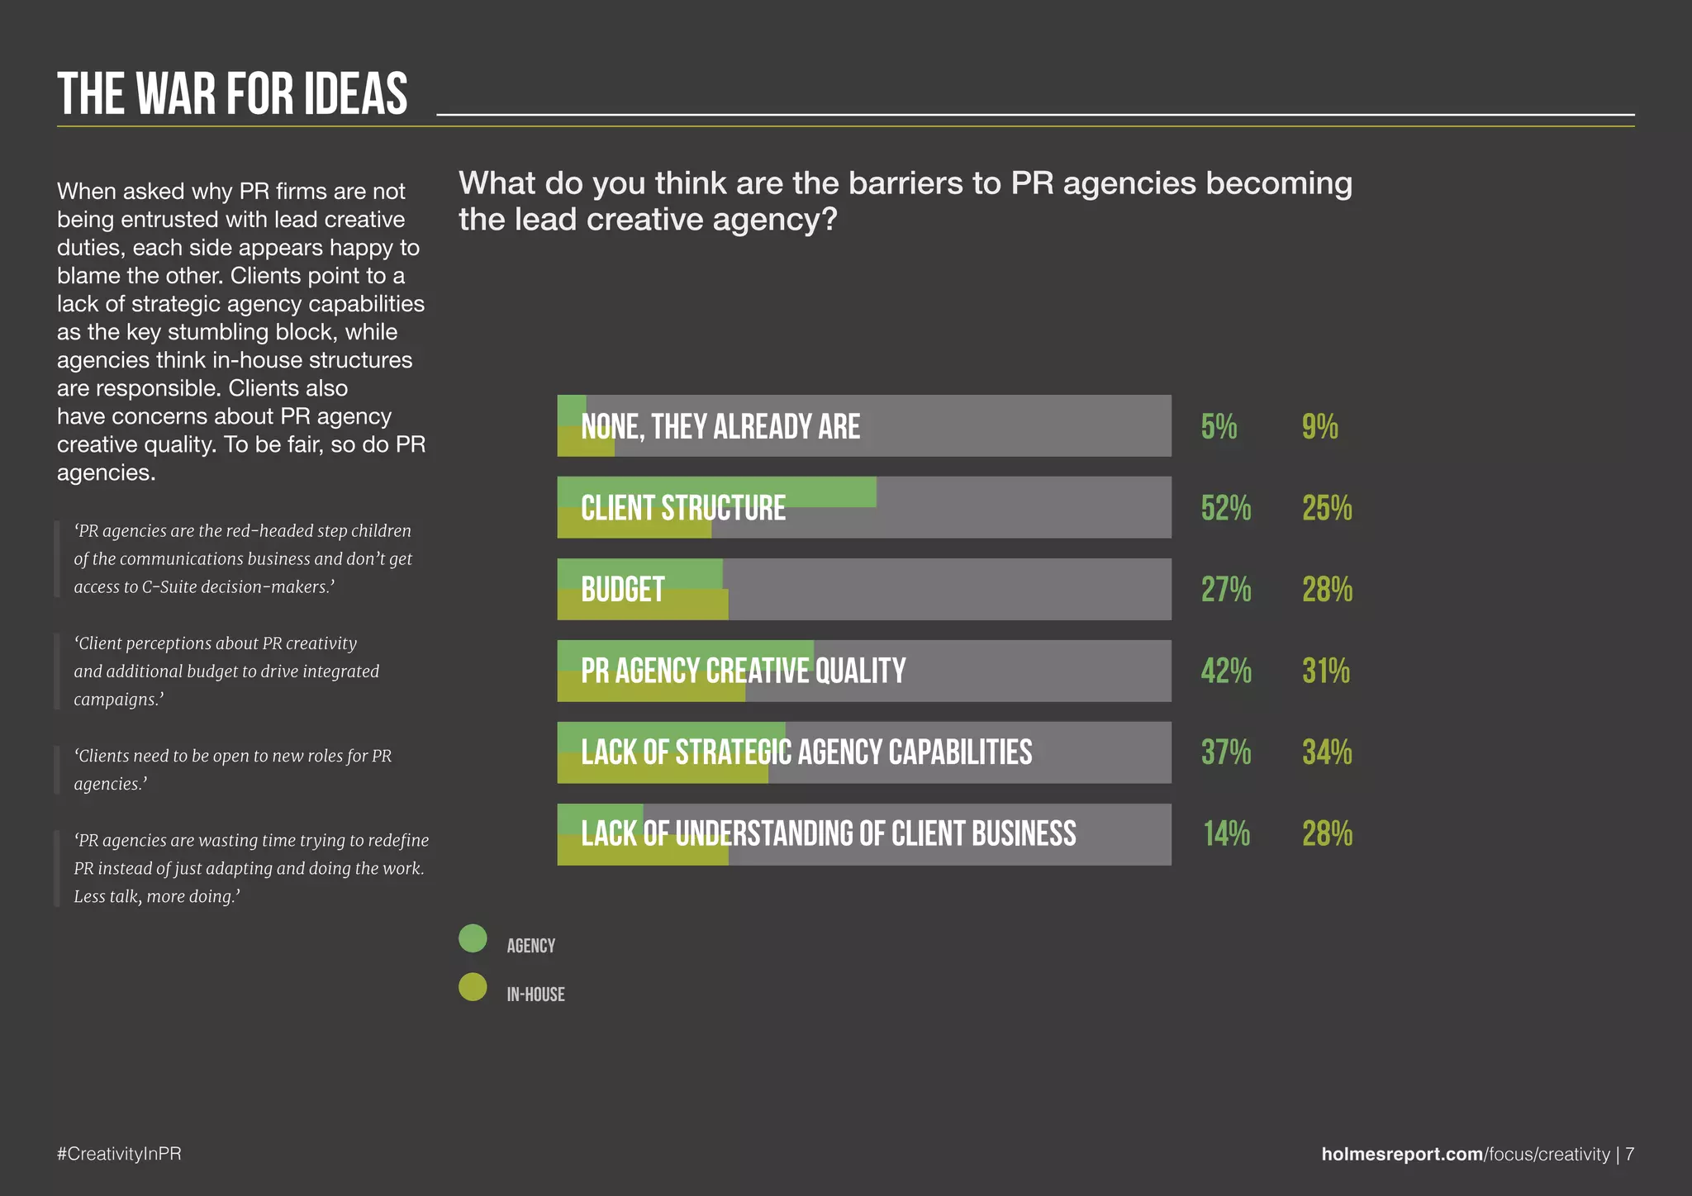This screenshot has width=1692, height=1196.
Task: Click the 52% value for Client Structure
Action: [x=1225, y=508]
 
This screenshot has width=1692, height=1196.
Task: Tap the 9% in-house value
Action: [x=1319, y=427]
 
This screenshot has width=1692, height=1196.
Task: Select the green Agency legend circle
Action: [x=473, y=938]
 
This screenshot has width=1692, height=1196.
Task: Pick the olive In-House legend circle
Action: [x=473, y=987]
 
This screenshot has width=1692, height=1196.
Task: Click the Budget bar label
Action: [x=622, y=590]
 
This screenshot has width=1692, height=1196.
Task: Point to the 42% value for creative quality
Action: [x=1225, y=671]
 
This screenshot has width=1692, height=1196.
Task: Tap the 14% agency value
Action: [x=1226, y=834]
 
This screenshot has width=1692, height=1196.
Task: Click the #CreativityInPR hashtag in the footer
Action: [x=119, y=1154]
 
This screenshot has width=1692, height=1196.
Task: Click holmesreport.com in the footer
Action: [x=1401, y=1154]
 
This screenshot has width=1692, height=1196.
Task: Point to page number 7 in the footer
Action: [x=1629, y=1154]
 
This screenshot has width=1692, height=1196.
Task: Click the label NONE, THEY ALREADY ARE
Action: [x=720, y=427]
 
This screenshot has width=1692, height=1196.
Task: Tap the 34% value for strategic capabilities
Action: [x=1327, y=752]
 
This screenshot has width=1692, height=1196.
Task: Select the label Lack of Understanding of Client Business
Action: [x=828, y=834]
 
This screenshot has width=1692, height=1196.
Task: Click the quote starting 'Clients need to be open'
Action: [x=232, y=770]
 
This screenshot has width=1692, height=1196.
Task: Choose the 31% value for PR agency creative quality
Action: [x=1325, y=671]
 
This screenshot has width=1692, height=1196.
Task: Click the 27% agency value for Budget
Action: [x=1225, y=590]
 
